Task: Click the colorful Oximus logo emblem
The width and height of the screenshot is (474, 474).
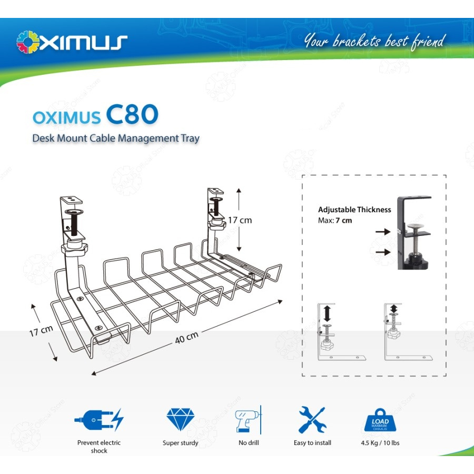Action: (x=27, y=42)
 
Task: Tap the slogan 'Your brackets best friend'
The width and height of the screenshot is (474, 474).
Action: (x=374, y=41)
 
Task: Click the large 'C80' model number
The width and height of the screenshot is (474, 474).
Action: (x=132, y=115)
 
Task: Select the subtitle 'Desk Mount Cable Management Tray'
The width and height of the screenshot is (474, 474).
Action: (x=116, y=139)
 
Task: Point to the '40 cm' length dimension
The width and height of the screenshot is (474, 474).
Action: (x=187, y=337)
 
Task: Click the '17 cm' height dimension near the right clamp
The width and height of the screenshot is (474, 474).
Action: (x=240, y=220)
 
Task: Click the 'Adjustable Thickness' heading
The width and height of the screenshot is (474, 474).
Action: (x=354, y=210)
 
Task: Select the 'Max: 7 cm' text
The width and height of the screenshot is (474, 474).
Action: (x=335, y=220)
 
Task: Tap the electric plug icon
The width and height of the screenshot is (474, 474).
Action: (x=99, y=420)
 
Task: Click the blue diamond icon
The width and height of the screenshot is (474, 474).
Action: (x=180, y=420)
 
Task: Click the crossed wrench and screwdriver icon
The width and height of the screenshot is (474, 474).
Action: (x=312, y=420)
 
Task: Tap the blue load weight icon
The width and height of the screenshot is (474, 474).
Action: (x=380, y=422)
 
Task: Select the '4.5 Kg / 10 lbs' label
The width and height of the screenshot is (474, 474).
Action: (x=380, y=443)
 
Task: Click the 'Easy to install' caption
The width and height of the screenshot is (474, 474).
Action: (x=312, y=443)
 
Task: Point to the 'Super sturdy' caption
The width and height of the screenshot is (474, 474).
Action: (x=180, y=443)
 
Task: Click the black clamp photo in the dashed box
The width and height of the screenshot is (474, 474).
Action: (x=414, y=232)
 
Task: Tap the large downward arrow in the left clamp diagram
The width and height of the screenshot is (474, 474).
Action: (x=327, y=314)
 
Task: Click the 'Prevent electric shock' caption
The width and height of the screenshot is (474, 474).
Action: (x=99, y=447)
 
